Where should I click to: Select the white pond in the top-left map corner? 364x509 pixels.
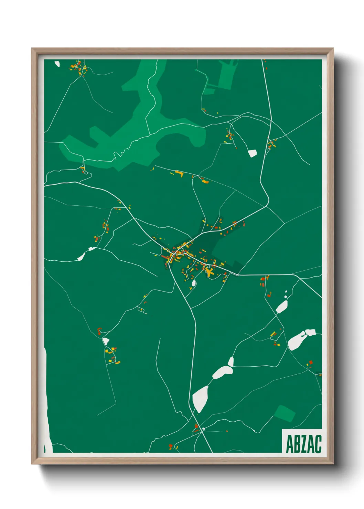(x=57, y=64)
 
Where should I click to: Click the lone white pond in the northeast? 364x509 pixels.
(x=253, y=153)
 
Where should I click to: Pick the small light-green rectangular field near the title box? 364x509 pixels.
(x=285, y=413)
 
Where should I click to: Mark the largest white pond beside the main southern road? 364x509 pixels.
(x=200, y=399)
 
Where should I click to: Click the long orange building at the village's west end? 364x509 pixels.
(x=165, y=257)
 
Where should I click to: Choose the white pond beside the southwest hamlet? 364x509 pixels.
(x=106, y=341)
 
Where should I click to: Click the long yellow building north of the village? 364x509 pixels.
(x=180, y=173)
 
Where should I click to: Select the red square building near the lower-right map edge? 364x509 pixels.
(x=311, y=362)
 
